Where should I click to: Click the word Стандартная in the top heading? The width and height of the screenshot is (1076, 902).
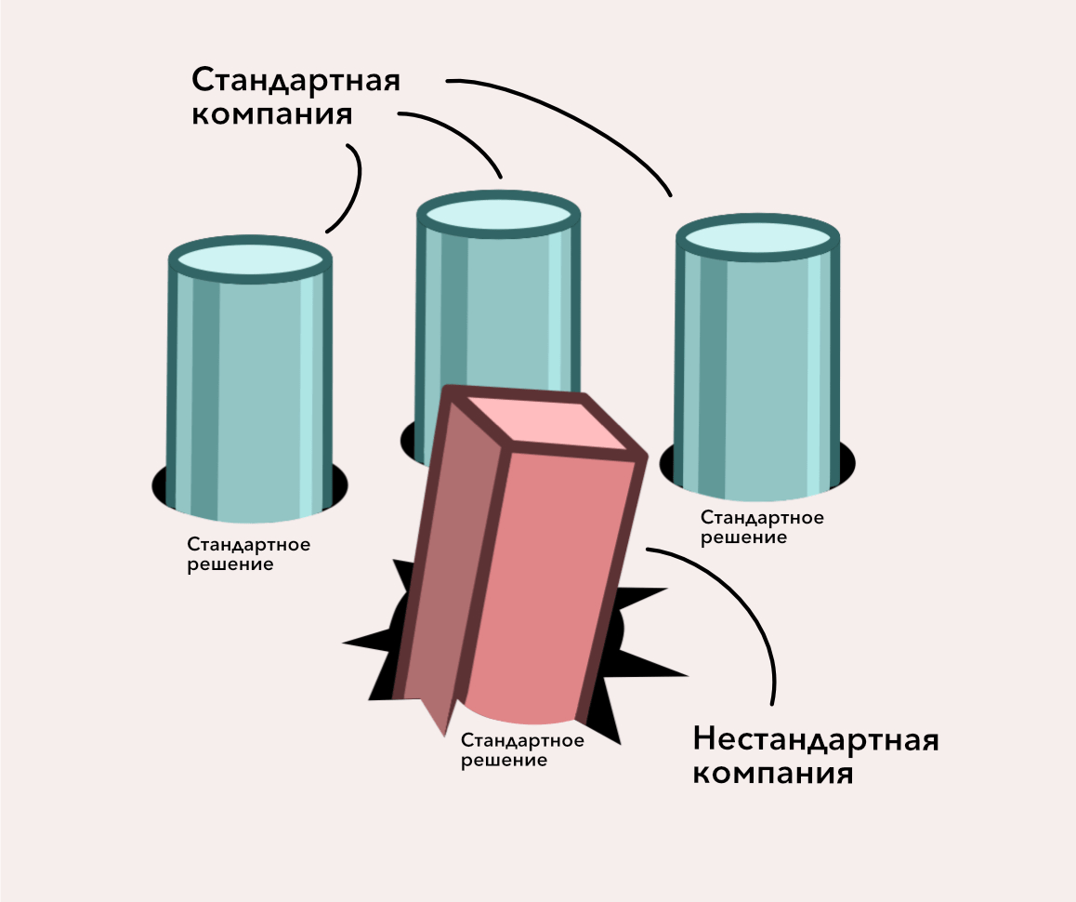295,81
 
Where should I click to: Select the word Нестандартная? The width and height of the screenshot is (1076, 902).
816,740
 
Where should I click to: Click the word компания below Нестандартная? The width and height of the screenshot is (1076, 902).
773,775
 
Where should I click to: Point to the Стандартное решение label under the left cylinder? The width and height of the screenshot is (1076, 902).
248,554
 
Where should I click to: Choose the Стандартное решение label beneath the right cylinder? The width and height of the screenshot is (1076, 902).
762,527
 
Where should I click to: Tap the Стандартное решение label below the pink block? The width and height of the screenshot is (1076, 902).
522,750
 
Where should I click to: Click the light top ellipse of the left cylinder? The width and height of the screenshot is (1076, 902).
250,258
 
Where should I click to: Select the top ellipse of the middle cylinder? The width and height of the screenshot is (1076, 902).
498,214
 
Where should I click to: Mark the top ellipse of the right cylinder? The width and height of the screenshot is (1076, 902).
757,237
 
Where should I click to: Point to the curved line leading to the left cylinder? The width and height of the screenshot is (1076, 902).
352,185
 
